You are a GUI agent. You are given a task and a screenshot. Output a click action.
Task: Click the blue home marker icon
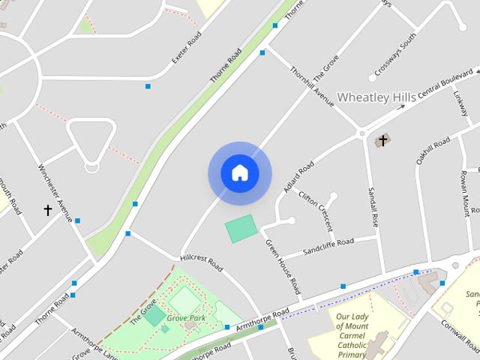pyautogui.click(x=240, y=173)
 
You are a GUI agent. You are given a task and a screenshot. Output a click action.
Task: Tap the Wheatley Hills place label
pyautogui.click(x=376, y=97)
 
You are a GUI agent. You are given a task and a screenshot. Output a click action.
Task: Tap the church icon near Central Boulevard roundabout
pyautogui.click(x=382, y=140)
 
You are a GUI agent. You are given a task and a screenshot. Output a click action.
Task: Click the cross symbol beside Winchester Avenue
pyautogui.click(x=49, y=211)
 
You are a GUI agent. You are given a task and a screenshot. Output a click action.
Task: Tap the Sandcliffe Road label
pyautogui.click(x=328, y=247)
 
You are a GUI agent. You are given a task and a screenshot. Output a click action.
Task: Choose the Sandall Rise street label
pyautogui.click(x=372, y=208)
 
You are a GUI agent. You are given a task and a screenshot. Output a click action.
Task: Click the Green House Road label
pyautogui.click(x=283, y=265)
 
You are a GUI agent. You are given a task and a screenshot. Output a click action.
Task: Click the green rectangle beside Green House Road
pyautogui.click(x=241, y=228)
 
